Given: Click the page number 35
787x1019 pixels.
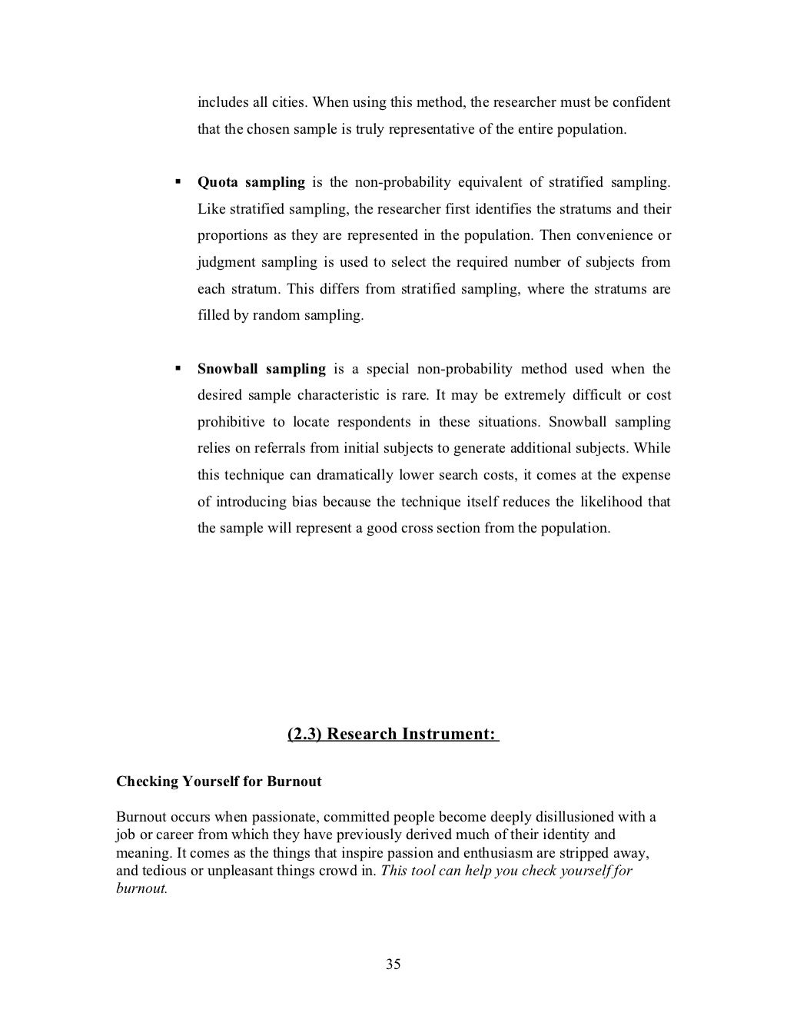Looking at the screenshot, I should [x=393, y=964].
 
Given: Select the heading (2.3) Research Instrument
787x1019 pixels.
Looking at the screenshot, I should [x=393, y=734].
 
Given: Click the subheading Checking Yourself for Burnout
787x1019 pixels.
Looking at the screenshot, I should [x=219, y=782].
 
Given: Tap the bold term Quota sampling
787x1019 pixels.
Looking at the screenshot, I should [x=251, y=182].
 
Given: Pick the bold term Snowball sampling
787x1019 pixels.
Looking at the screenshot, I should [x=261, y=369].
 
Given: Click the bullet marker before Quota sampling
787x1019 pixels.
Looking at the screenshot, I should [x=178, y=182].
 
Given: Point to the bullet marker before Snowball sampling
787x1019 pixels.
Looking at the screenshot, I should [x=178, y=369].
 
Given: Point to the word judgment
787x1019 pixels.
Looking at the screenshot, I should [x=226, y=262].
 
